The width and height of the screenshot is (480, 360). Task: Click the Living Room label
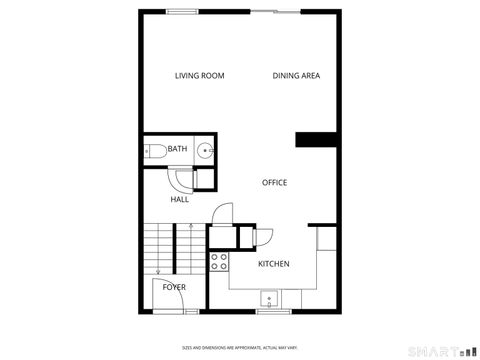(x=199, y=76)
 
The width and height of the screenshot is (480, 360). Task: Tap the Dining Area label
(x=296, y=76)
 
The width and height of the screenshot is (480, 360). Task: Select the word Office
(x=274, y=183)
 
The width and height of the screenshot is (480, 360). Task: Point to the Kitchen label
(x=273, y=264)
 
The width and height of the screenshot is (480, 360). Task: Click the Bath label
(x=177, y=149)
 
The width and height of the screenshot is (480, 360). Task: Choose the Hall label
(x=179, y=199)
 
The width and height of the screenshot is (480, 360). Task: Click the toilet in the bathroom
(x=155, y=151)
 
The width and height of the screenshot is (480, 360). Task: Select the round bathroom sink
(x=205, y=151)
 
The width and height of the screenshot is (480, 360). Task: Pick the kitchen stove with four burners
(x=219, y=264)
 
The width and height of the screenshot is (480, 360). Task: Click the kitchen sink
(x=268, y=298)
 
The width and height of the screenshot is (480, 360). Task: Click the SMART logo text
(x=433, y=351)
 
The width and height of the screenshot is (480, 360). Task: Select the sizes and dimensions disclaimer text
(x=240, y=347)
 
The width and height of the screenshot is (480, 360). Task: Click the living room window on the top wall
(x=181, y=11)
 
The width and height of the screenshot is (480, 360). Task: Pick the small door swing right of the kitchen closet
(x=264, y=236)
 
